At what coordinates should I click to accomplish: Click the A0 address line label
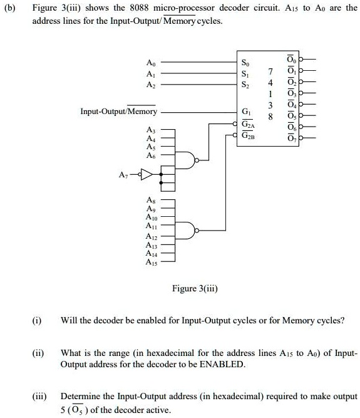[x=150, y=63]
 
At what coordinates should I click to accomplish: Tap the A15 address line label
[x=151, y=263]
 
